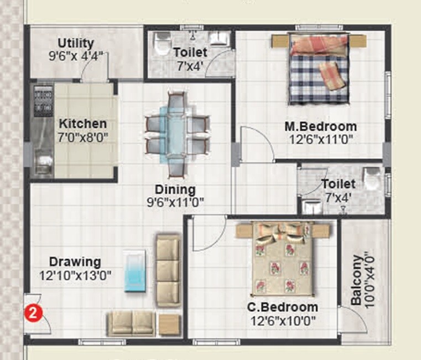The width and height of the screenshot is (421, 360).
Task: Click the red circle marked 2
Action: click(34, 312)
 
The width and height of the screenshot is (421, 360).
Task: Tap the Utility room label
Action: click(76, 43)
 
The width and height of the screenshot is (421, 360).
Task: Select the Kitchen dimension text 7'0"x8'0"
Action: click(83, 137)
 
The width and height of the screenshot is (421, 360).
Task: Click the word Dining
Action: click(175, 189)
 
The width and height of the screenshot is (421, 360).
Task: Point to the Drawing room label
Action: click(75, 261)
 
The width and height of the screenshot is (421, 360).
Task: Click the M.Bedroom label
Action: click(320, 126)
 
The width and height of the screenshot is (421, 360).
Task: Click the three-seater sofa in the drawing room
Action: click(168, 270)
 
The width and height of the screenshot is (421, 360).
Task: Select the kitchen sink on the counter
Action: click(42, 164)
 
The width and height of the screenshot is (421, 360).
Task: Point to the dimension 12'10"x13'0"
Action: click(75, 275)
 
